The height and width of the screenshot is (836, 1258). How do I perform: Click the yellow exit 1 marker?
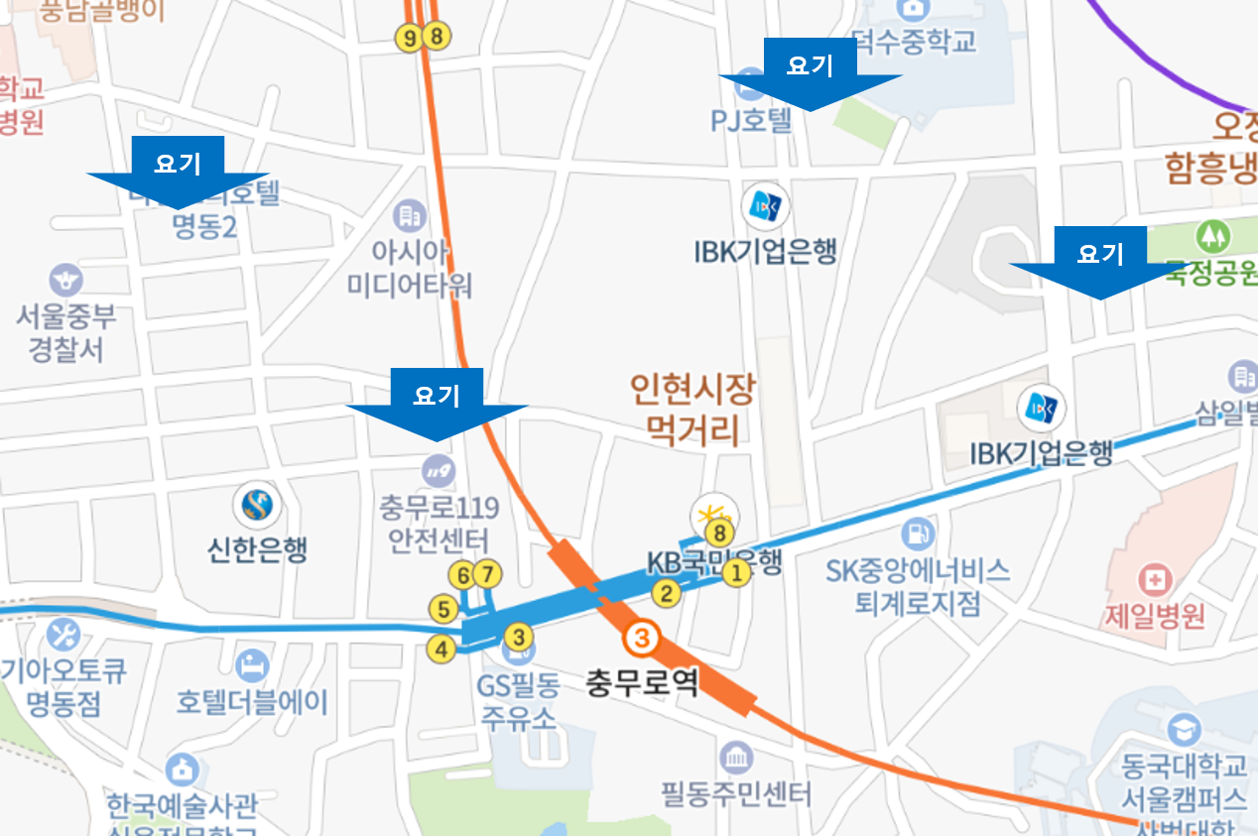coord(735,572)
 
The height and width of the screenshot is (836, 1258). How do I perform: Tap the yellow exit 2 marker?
coord(666,593)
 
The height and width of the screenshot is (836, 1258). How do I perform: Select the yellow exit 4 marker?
coord(440,650)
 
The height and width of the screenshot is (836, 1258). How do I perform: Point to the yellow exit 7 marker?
coord(487,574)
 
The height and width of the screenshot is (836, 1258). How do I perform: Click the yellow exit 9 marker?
coord(408,38)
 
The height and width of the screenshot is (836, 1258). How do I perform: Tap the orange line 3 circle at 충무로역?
coord(642,639)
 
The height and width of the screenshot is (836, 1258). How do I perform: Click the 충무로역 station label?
coord(641,682)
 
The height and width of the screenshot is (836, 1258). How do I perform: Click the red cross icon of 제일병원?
coord(1156,578)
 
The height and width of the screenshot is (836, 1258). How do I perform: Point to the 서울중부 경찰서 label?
coord(66,333)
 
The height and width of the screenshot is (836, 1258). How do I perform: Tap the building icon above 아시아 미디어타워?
coord(408,214)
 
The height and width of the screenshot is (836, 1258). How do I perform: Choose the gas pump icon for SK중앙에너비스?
coord(917,534)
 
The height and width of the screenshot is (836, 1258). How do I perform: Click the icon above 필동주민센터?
coord(736,759)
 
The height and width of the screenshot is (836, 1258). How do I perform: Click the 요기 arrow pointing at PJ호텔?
coord(810,77)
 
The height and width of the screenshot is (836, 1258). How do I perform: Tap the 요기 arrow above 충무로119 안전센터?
coord(437,406)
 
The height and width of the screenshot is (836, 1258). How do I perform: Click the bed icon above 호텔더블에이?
coord(251,666)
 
